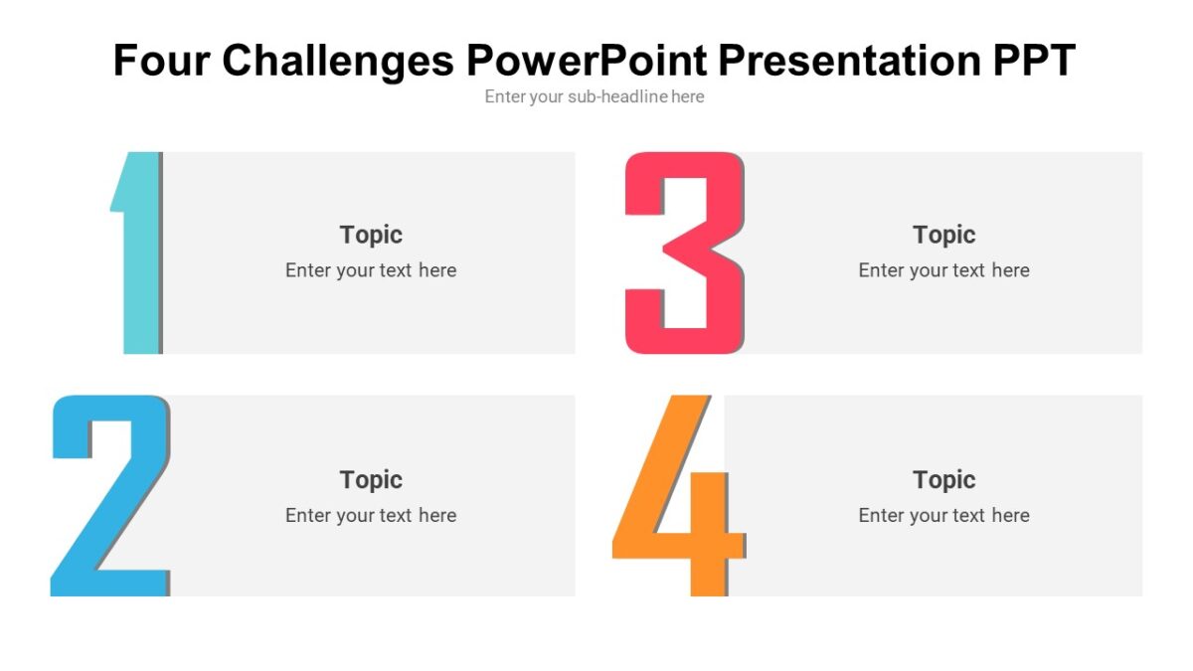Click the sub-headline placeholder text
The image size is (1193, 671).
click(x=595, y=96)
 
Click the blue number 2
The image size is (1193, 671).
click(x=109, y=497)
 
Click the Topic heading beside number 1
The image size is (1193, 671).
click(x=371, y=235)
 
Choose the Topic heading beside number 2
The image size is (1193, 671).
click(x=371, y=479)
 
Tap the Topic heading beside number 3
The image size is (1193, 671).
click(x=943, y=235)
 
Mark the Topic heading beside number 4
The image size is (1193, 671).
click(x=943, y=479)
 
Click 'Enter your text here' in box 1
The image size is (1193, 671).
click(x=371, y=270)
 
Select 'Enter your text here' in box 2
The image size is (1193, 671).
click(x=371, y=515)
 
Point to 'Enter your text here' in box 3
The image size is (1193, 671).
click(x=943, y=270)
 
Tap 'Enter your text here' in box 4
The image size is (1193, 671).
click(x=943, y=515)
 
